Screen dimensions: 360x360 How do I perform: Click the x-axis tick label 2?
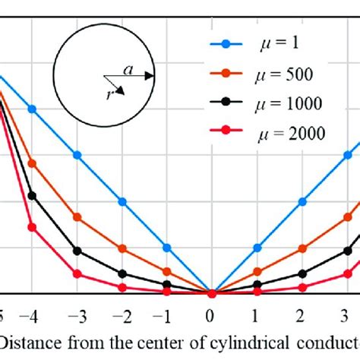(x=303, y=313)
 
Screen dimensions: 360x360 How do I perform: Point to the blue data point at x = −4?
(x=32, y=109)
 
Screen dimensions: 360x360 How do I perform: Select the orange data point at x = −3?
(x=77, y=217)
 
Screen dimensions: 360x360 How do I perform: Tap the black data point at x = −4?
(x=32, y=195)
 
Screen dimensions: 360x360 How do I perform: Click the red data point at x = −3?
(x=77, y=273)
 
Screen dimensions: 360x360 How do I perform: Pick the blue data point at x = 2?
(x=303, y=201)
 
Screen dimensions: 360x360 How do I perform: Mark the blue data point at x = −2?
(x=122, y=201)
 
